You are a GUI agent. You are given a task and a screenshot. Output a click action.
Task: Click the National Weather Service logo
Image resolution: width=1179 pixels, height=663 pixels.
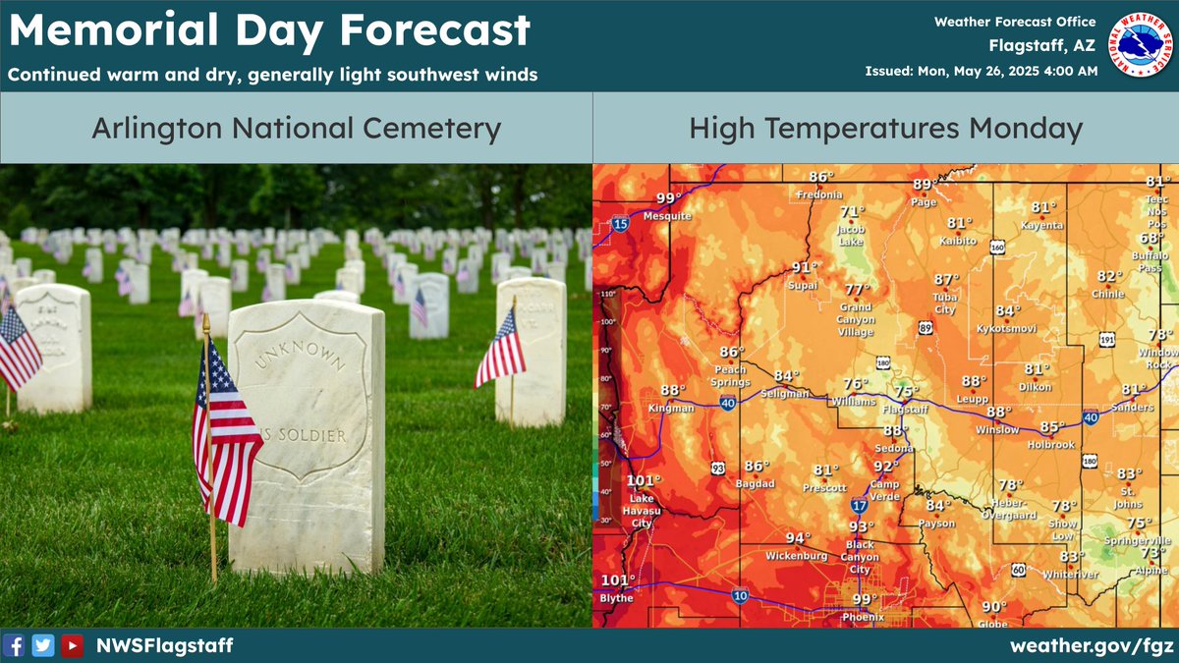tap(1140, 44)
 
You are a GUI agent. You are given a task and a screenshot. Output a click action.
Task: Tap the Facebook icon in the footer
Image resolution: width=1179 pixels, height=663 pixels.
tap(15, 645)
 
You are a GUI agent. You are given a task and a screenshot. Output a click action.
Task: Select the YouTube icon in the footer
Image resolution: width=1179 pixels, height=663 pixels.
tap(72, 645)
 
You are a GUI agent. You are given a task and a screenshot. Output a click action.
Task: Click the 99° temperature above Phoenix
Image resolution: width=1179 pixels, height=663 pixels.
tap(865, 600)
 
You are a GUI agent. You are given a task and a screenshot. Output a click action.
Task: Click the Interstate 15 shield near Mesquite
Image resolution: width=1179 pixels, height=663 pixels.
tap(620, 224)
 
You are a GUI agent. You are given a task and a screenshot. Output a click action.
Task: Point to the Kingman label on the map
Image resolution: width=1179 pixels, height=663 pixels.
tap(671, 408)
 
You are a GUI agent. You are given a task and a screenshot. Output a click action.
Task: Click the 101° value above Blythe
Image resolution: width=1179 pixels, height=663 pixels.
tap(618, 580)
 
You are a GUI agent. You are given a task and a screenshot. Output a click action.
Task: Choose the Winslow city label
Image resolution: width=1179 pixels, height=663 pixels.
tap(997, 430)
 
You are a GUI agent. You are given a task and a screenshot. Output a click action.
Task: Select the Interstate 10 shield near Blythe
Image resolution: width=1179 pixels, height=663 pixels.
tap(738, 594)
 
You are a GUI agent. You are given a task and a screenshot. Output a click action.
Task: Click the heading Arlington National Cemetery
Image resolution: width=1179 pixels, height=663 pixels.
tap(296, 129)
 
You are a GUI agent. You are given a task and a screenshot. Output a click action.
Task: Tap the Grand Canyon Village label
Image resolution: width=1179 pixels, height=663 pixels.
tap(857, 319)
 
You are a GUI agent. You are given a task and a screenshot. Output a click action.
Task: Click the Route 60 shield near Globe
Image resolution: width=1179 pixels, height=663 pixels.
tap(1019, 570)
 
